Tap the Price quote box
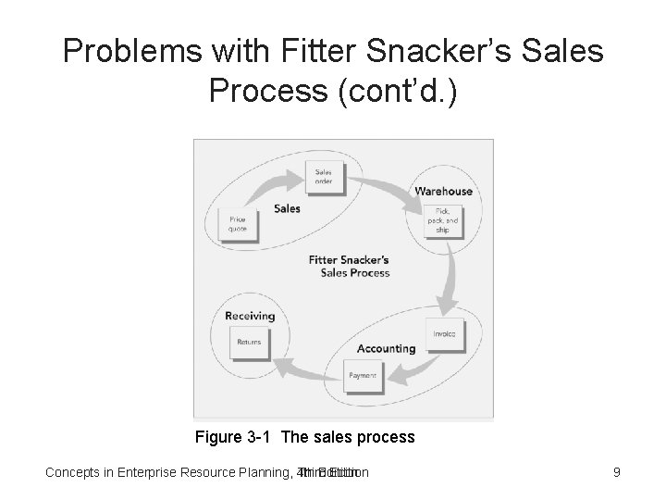tap(238, 224)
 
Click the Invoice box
tap(444, 334)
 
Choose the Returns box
tap(248, 342)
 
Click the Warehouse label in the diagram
tap(443, 192)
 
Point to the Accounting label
tap(386, 349)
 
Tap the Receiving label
tap(250, 316)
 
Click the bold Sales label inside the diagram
tap(287, 208)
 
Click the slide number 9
tap(616, 473)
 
